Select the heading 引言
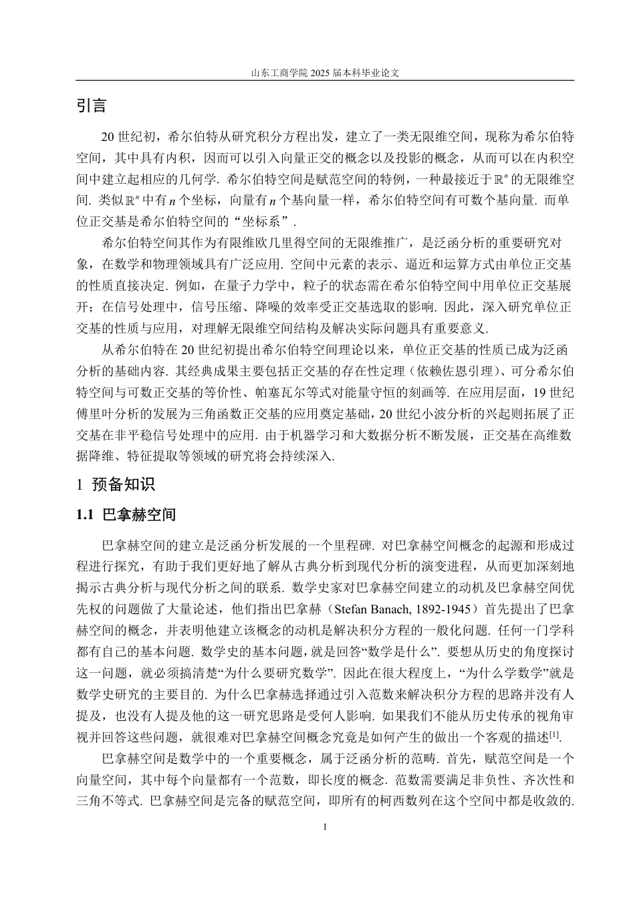[92, 106]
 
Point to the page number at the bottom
[325, 828]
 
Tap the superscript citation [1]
[554, 735]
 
